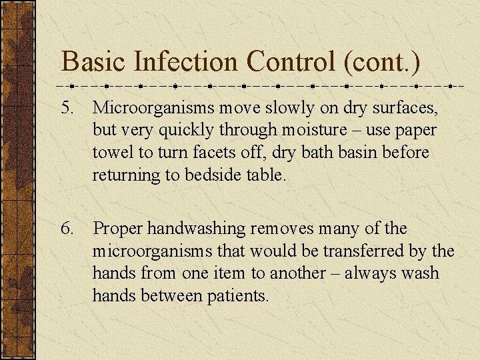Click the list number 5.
click(x=69, y=107)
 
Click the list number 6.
click(x=69, y=229)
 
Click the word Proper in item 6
click(x=118, y=229)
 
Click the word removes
click(x=281, y=229)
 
